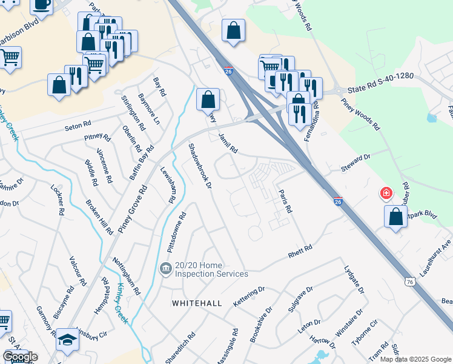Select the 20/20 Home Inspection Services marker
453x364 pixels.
pos(165,268)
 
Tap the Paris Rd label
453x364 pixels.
pos(285,201)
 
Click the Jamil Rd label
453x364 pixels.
pos(228,143)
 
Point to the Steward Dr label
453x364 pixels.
pos(355,162)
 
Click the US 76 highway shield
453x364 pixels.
pos(410,282)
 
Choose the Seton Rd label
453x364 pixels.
pos(77,128)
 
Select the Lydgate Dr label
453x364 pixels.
pos(354,279)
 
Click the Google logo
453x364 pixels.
pos(20,357)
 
